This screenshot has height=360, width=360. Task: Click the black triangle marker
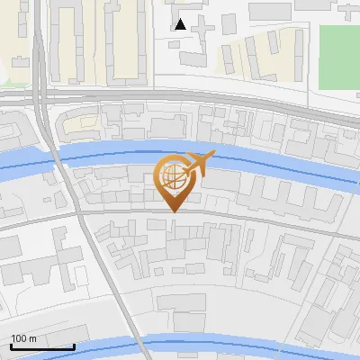coord(180,24)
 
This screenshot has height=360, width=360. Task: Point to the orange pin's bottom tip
coord(171,211)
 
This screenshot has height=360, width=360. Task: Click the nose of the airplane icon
coord(214,156)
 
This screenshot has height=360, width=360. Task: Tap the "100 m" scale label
coord(23,338)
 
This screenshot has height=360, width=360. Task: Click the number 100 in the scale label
coord(19,338)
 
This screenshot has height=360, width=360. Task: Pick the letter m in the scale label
coord(32,338)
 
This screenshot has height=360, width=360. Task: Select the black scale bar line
coord(41,347)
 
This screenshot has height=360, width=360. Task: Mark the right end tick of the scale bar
coord(75,345)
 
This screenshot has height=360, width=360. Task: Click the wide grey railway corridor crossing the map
coord(180,96)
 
